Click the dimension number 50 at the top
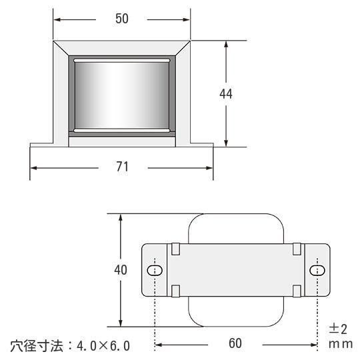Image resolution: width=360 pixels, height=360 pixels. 122,19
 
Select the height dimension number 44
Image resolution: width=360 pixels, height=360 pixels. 226,94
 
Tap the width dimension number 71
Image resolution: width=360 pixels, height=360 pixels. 123,167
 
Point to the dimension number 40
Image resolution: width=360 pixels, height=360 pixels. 121,270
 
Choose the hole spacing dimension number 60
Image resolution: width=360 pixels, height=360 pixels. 235,343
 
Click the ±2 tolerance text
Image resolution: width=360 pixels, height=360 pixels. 338,329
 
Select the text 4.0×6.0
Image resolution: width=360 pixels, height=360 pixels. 103,346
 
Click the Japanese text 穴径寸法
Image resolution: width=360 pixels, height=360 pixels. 37,346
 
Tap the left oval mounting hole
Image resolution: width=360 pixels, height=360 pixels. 155,270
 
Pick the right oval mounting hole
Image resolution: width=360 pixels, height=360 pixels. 317,270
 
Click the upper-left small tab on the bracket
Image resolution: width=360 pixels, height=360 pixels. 175,249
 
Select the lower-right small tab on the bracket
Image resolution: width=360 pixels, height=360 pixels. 297,291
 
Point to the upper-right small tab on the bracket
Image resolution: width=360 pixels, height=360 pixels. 297,249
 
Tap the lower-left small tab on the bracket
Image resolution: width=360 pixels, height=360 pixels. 175,291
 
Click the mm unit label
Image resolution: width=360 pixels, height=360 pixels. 341,344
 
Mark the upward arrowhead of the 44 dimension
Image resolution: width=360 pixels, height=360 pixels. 226,44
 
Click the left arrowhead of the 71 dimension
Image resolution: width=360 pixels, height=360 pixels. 33,168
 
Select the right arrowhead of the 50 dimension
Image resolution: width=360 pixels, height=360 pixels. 187,20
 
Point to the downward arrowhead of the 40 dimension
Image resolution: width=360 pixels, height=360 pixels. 121,323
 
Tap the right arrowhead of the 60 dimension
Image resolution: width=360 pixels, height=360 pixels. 313,345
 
